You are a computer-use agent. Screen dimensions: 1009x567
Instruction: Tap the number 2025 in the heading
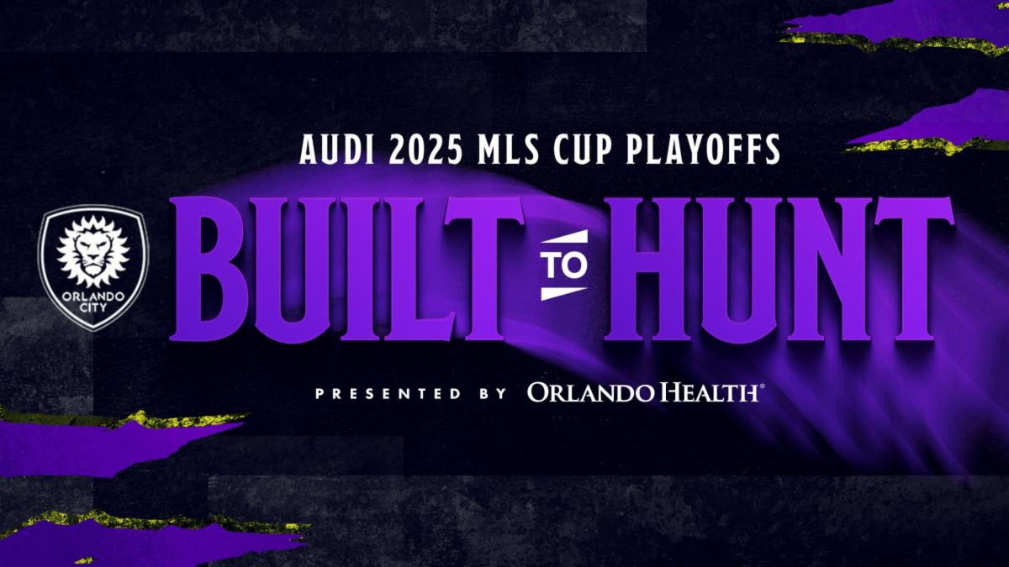click(x=425, y=150)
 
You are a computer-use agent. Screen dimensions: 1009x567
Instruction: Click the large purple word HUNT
click(x=779, y=269)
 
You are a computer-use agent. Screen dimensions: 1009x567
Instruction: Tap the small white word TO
click(x=564, y=265)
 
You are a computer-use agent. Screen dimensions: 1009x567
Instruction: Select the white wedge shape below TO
click(x=563, y=293)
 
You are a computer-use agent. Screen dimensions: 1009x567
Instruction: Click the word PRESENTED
click(x=388, y=394)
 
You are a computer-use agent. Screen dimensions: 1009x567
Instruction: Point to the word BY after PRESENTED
click(x=493, y=394)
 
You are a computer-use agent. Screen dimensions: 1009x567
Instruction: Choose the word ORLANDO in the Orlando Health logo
click(x=589, y=392)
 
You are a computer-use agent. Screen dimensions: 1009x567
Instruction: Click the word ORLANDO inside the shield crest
click(x=93, y=297)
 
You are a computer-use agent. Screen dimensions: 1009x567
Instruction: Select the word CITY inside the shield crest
click(x=93, y=308)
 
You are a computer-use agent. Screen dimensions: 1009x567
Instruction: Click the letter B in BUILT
click(x=209, y=269)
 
